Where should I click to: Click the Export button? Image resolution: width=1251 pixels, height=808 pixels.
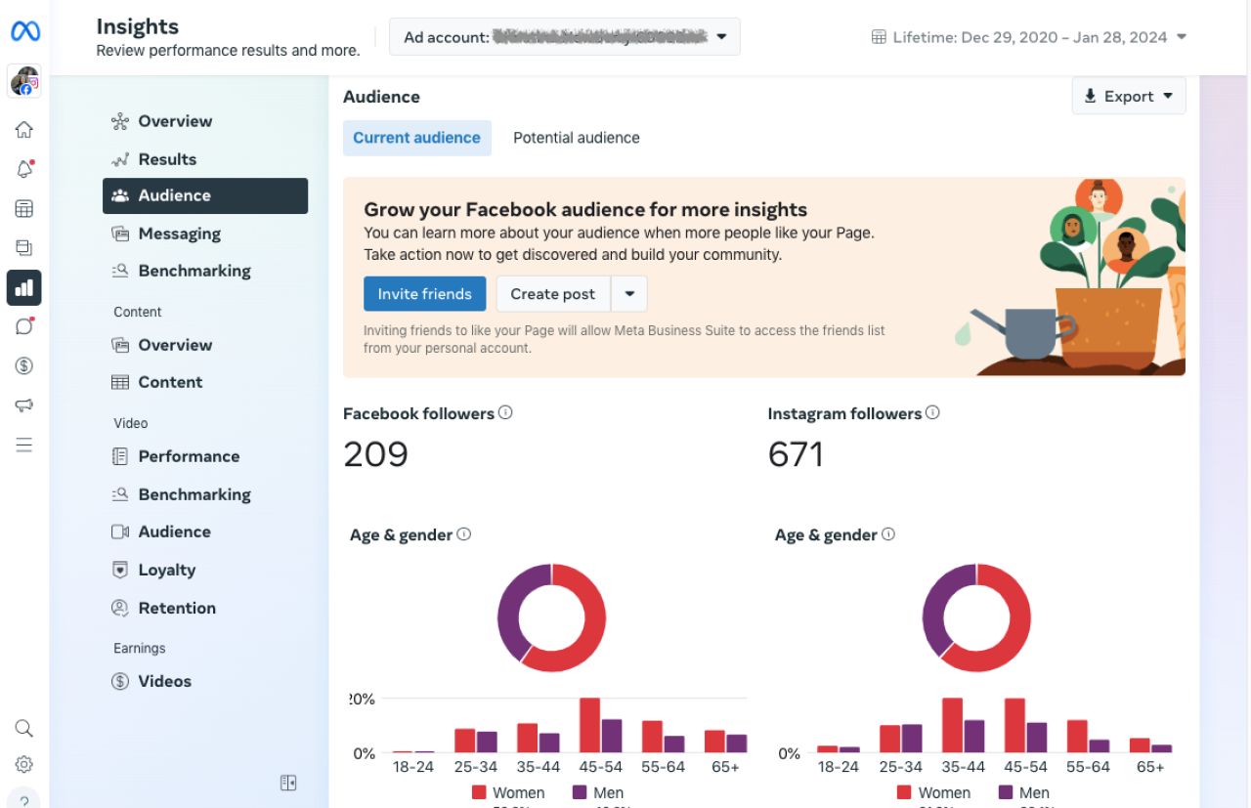coord(1128,96)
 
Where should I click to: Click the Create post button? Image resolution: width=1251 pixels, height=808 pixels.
coord(552,294)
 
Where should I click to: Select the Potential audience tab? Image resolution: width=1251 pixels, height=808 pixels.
coord(576,138)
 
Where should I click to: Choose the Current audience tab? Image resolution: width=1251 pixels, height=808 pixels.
coord(416,138)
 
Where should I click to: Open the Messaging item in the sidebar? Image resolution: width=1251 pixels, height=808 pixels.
coord(179,234)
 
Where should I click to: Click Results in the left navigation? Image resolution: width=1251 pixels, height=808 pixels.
coord(167,159)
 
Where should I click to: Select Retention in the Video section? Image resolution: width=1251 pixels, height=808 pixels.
coord(177,608)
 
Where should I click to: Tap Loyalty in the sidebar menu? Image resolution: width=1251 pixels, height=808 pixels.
coord(166,570)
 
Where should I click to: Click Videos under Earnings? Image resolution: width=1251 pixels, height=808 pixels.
coord(164,681)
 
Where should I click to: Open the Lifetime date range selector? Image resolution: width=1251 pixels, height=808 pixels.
coord(1028,37)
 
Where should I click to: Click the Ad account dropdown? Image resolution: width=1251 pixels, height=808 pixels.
coord(564,37)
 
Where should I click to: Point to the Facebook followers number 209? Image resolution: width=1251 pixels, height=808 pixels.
coord(375,454)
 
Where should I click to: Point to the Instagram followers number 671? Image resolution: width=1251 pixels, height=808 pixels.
coord(796,454)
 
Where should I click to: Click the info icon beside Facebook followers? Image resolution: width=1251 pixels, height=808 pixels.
coord(505,412)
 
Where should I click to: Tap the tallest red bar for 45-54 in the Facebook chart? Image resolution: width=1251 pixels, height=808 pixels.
coord(589,725)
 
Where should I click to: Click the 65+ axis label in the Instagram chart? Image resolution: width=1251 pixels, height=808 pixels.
coord(1150,767)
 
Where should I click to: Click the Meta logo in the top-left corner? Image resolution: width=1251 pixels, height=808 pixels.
coord(24,32)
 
